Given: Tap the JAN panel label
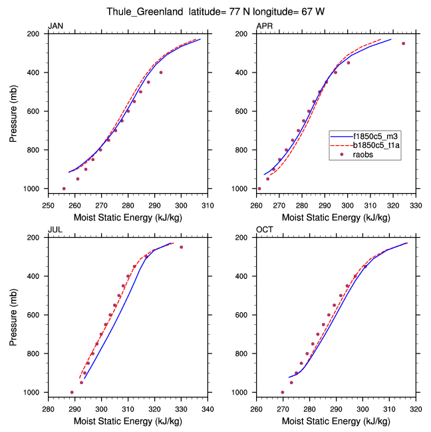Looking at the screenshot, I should click(x=55, y=27).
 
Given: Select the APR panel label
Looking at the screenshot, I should click(x=264, y=27).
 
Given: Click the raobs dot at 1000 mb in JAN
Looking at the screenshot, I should click(x=64, y=188).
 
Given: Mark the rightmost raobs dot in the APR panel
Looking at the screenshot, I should click(x=403, y=43).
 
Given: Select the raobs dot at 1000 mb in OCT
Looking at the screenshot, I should click(x=283, y=393).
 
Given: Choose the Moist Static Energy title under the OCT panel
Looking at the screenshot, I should click(x=336, y=420).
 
